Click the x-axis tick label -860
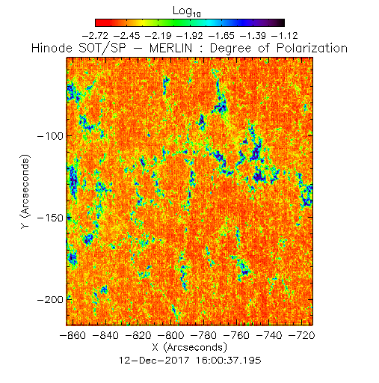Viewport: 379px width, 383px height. coord(73,335)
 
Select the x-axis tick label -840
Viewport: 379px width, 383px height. coord(105,335)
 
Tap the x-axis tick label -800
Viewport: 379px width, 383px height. coord(171,335)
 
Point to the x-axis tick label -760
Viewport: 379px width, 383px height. coord(236,335)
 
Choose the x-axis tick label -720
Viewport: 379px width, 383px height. coord(302,335)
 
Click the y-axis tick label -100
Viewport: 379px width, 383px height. coord(50,136)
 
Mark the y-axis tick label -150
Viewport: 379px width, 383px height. coord(50,218)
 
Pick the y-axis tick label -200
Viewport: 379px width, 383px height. coord(50,299)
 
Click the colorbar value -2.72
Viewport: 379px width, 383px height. coord(95,36)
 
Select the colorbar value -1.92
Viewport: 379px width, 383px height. coord(190,36)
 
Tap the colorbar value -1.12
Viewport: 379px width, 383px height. coord(285,36)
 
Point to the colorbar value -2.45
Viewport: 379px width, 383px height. coord(127,36)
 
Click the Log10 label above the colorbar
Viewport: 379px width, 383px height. coord(187,12)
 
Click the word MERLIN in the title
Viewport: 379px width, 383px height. coord(171,48)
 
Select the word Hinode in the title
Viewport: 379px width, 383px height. coord(52,48)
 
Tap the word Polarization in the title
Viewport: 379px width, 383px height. coord(312,48)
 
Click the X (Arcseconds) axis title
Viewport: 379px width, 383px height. coord(190,347)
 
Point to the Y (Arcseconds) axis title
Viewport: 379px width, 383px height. coord(25,191)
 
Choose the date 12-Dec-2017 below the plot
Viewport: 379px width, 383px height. coord(154,361)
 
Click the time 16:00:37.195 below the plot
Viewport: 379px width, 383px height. coord(228,361)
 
